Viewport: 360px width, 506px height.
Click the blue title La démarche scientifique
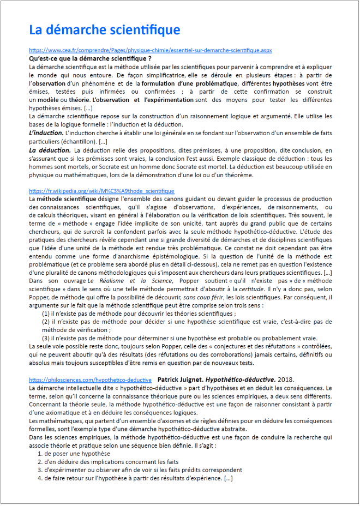(x=104, y=29)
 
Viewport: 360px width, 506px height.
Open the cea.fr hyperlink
(x=150, y=50)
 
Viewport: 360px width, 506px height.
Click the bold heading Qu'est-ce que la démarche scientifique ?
(x=90, y=58)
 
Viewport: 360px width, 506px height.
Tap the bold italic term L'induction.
(x=45, y=134)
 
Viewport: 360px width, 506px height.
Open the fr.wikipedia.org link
(x=101, y=191)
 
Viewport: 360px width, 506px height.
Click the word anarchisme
(x=116, y=256)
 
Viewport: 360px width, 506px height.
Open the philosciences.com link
(x=90, y=379)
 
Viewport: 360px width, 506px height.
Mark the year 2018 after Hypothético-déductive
(x=286, y=379)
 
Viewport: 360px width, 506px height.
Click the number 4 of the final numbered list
(x=39, y=478)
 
